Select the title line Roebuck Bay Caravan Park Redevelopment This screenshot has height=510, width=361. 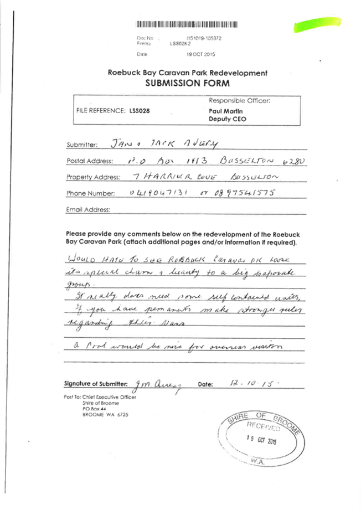coord(187,73)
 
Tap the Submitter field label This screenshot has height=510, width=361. coord(81,145)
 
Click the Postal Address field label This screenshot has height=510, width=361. coord(89,161)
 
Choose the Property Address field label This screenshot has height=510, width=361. coord(92,177)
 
